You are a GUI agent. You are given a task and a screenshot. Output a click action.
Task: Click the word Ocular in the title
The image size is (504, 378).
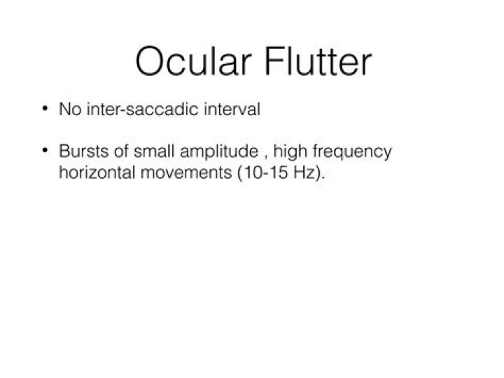[x=193, y=61]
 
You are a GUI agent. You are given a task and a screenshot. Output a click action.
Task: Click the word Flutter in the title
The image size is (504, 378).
[x=318, y=61]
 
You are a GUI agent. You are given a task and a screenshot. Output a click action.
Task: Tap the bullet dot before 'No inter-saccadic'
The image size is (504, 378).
[x=45, y=108]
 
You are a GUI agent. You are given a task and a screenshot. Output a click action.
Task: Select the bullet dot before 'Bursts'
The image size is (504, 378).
[x=45, y=150]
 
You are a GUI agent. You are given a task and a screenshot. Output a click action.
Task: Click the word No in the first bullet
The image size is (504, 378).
[x=70, y=109]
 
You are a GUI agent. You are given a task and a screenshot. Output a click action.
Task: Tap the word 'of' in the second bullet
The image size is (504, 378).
[x=121, y=151]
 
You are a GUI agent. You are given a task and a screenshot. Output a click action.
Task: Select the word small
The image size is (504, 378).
[x=154, y=151]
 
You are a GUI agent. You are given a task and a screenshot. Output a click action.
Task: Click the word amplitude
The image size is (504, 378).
[x=219, y=152]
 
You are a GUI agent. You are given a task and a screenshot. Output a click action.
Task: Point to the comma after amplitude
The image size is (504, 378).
[x=266, y=158]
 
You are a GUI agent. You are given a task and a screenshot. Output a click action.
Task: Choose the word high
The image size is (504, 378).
[x=290, y=152]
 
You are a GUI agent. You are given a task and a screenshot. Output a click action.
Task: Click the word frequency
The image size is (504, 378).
[x=352, y=152]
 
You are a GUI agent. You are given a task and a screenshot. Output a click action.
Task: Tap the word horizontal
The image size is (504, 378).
[x=97, y=173]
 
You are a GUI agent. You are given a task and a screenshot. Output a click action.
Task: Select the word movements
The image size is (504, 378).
[x=186, y=173]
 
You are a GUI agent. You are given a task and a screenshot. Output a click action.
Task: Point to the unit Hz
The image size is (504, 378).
[x=304, y=173]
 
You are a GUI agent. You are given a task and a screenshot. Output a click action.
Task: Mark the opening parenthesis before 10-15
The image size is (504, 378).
[x=240, y=173]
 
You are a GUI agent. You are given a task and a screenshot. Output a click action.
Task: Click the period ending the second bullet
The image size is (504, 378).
[x=323, y=177]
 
